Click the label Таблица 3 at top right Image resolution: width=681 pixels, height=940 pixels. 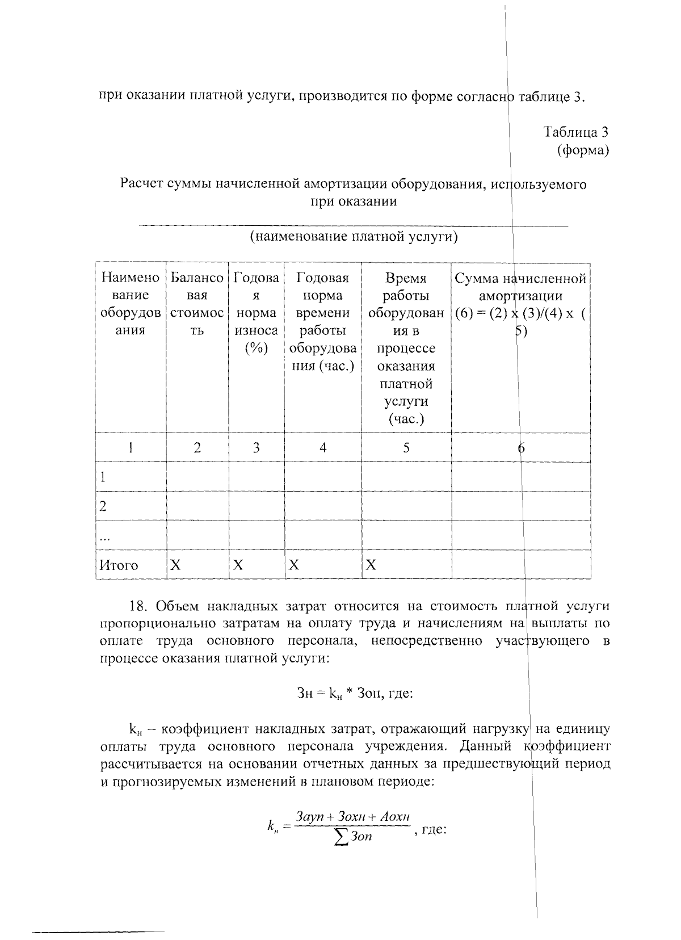(x=576, y=132)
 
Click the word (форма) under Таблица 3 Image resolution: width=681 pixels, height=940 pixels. (x=583, y=150)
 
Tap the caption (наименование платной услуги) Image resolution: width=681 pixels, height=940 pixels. (x=354, y=236)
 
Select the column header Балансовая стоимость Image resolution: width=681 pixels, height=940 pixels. (x=197, y=304)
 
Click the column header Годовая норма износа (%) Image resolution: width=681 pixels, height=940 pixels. (x=256, y=312)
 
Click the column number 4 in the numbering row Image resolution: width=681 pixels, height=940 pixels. (x=322, y=448)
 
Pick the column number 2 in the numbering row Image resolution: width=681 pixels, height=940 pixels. (x=197, y=448)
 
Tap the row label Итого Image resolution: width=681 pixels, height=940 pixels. (x=119, y=565)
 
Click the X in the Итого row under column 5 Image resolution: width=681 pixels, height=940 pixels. (x=371, y=565)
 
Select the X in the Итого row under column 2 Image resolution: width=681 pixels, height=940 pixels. (x=175, y=565)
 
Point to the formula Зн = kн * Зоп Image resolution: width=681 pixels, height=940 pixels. (x=355, y=693)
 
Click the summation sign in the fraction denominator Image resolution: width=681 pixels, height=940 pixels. (x=340, y=837)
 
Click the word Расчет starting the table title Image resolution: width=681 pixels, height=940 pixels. (x=140, y=184)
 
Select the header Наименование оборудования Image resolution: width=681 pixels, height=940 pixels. (x=130, y=304)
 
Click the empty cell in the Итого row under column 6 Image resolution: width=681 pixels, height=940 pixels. (x=520, y=565)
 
